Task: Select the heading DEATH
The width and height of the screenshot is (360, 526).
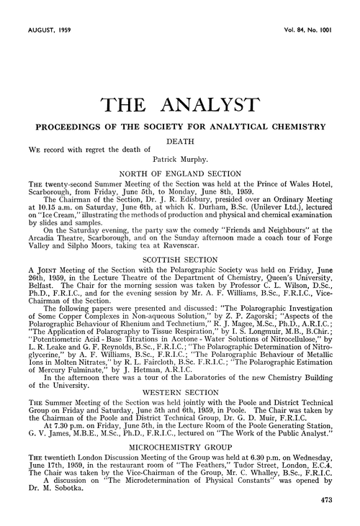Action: pos(180,142)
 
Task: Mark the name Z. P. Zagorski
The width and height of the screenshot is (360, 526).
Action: pos(260,304)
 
